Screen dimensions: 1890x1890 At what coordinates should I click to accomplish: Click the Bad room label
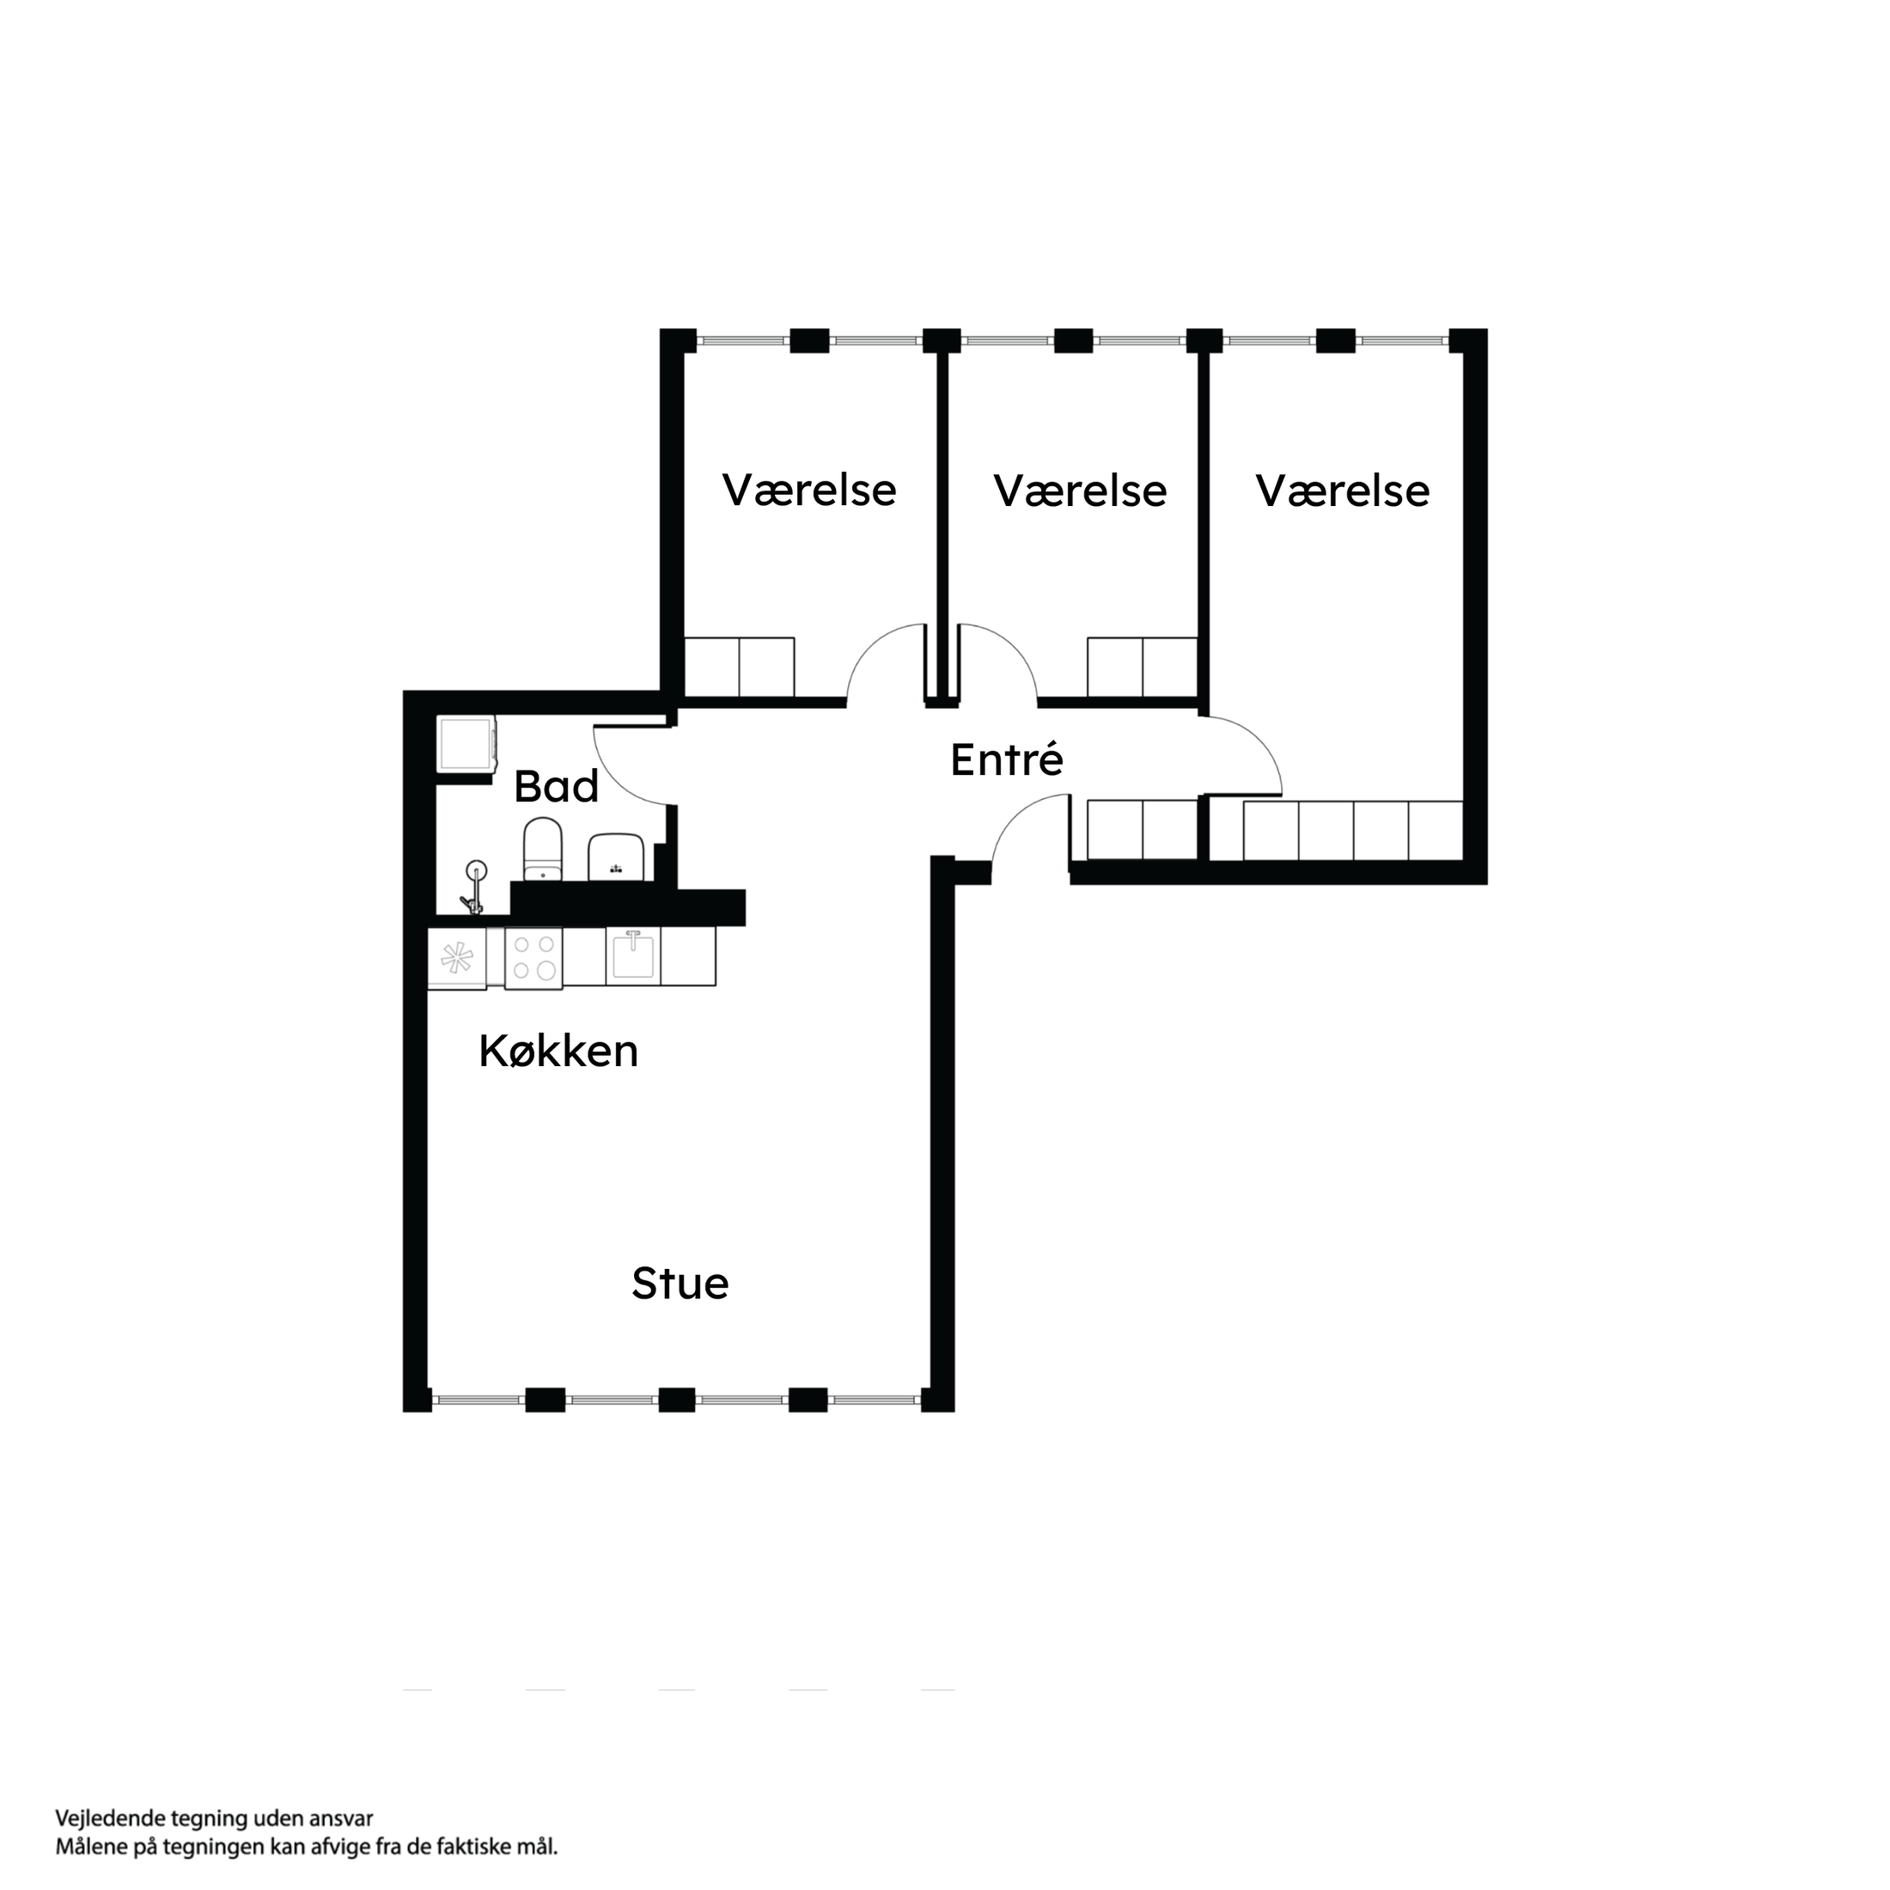pyautogui.click(x=556, y=787)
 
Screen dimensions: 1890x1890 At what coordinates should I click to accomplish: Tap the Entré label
pyautogui.click(x=1007, y=760)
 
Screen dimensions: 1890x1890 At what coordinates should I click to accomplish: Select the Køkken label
pyautogui.click(x=558, y=1052)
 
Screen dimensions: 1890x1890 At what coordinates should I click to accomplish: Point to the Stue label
pyautogui.click(x=680, y=1283)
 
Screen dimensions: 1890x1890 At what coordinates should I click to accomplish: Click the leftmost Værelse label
pyautogui.click(x=809, y=490)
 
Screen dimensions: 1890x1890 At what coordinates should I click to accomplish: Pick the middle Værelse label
pyautogui.click(x=1080, y=490)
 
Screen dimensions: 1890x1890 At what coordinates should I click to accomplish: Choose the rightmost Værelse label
pyautogui.click(x=1342, y=490)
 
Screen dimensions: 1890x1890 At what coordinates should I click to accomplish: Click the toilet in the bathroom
pyautogui.click(x=543, y=849)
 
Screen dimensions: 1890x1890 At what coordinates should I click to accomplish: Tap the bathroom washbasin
pyautogui.click(x=615, y=857)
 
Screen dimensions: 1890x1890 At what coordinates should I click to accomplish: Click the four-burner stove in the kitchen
pyautogui.click(x=534, y=958)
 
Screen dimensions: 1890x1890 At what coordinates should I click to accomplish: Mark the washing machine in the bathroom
pyautogui.click(x=466, y=745)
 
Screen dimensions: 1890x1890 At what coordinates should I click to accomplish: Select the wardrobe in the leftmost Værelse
pyautogui.click(x=740, y=668)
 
